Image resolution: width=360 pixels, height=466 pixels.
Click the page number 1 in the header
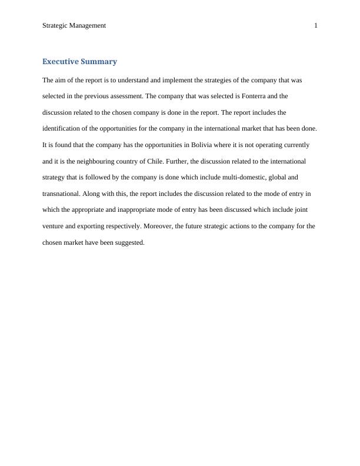tap(316, 25)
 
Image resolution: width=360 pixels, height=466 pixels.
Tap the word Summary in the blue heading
tap(101, 61)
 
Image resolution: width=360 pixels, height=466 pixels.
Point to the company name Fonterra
tap(254, 96)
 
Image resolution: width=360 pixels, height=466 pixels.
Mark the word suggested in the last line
tap(130, 242)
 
